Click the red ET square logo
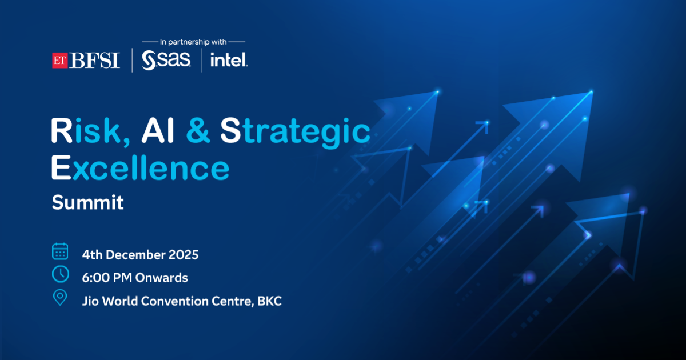point(59,61)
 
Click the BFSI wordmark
point(94,61)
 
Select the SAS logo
point(166,60)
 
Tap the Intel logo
point(229,59)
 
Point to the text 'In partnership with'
point(193,42)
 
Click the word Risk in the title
point(91,131)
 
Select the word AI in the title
point(157,130)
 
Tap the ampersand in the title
point(198,130)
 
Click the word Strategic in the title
point(295,132)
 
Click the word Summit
point(87,202)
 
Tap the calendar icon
point(60,251)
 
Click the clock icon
point(61,274)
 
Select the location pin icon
point(60,297)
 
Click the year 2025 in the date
point(184,255)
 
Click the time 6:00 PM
point(107,278)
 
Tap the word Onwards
point(161,278)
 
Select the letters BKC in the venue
point(269,301)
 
